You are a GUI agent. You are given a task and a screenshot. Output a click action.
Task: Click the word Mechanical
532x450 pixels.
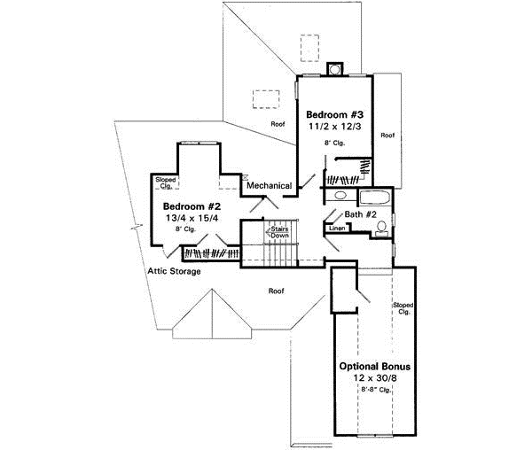(x=270, y=185)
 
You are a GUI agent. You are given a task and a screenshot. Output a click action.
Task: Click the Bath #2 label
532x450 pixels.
(x=364, y=215)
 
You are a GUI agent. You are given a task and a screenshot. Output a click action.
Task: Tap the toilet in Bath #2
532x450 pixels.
(x=381, y=230)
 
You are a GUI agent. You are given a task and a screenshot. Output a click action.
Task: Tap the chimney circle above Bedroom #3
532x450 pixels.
(x=335, y=68)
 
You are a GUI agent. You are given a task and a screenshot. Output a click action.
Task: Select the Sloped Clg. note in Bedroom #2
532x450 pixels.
(x=166, y=182)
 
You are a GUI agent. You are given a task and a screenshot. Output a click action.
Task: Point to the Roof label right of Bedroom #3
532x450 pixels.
(x=387, y=136)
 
